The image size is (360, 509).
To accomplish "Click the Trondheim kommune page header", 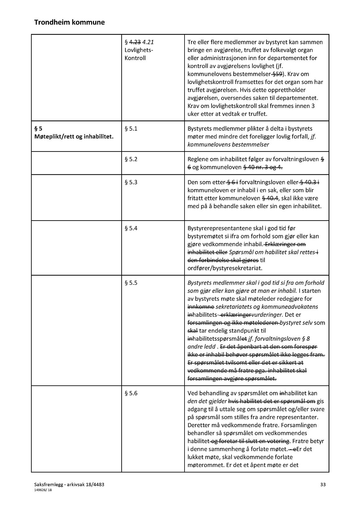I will tap(69, 22).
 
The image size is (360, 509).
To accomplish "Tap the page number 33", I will tap(323, 484).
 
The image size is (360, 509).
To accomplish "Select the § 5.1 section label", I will tap(131, 128).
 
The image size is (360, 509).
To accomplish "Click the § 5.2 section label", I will tap(131, 159).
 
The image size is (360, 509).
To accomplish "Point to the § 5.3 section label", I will tap(131, 182).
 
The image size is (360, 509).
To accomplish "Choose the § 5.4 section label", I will tap(131, 228).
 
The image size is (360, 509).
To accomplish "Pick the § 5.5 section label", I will tap(131, 283).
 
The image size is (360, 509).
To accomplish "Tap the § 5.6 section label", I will tap(131, 393).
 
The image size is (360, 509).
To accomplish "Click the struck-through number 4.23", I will tap(135, 42).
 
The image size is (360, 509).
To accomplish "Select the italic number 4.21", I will tap(148, 42).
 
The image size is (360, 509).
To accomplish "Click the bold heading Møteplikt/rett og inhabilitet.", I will tap(74, 137).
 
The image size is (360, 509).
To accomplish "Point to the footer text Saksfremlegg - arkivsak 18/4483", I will tap(72, 484).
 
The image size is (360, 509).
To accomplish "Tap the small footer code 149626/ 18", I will tap(44, 490).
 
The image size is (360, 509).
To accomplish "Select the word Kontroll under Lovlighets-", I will tap(135, 58).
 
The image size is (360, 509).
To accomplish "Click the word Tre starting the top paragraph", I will tap(192, 42).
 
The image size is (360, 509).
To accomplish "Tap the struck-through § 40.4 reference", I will tap(270, 198).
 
